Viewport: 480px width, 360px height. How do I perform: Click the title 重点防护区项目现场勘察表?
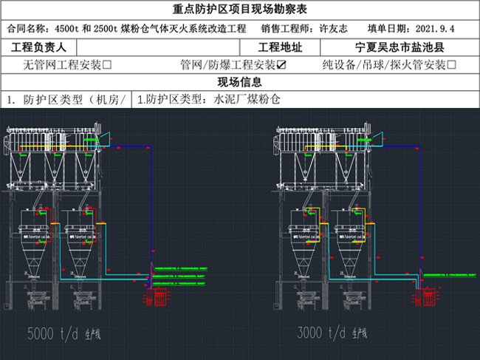tap(239, 10)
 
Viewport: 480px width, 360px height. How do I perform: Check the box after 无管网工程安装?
tap(107, 65)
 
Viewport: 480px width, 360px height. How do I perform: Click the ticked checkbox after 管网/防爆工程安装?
tap(281, 65)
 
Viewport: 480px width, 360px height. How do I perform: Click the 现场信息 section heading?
tap(239, 82)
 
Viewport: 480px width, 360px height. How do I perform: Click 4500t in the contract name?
tap(69, 29)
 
